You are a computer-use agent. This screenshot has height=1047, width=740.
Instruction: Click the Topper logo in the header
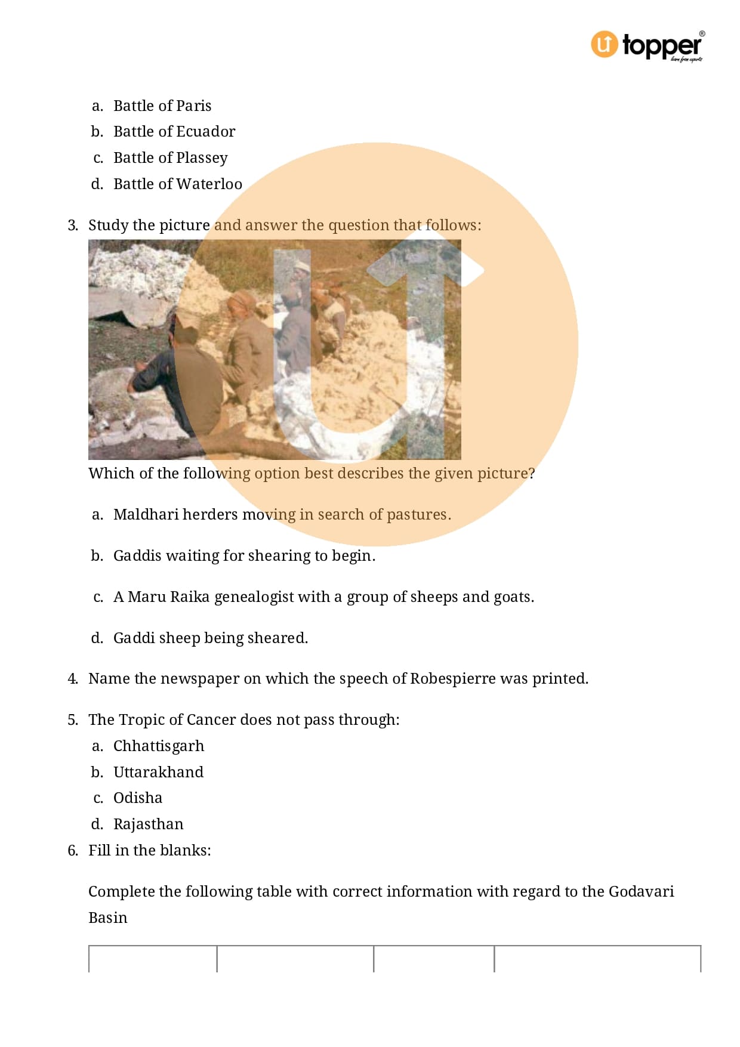[647, 45]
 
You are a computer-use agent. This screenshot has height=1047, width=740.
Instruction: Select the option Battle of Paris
[162, 106]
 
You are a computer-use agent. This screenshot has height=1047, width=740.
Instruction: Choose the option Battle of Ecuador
[174, 131]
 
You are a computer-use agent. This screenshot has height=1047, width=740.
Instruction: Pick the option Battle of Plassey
[171, 157]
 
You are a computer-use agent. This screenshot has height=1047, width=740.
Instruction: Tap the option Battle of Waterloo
[178, 184]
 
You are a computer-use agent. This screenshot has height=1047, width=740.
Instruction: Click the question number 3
[73, 225]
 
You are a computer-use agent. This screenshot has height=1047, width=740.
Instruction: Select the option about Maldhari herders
[282, 514]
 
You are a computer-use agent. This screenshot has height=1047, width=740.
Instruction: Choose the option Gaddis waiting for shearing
[244, 555]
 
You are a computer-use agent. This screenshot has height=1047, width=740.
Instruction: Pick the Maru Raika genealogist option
[323, 597]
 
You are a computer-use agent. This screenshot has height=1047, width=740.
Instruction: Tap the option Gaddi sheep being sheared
[211, 638]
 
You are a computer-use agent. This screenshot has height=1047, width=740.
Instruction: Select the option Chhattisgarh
[159, 746]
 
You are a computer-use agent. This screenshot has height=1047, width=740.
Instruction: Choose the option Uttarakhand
[158, 772]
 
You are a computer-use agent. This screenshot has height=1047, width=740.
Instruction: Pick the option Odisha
[138, 798]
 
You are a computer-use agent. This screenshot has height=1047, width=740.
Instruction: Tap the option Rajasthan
[149, 824]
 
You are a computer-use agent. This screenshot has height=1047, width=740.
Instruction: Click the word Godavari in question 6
[641, 891]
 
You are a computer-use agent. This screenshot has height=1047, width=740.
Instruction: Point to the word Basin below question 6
[108, 918]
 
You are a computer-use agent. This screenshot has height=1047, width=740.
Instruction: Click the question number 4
[73, 678]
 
